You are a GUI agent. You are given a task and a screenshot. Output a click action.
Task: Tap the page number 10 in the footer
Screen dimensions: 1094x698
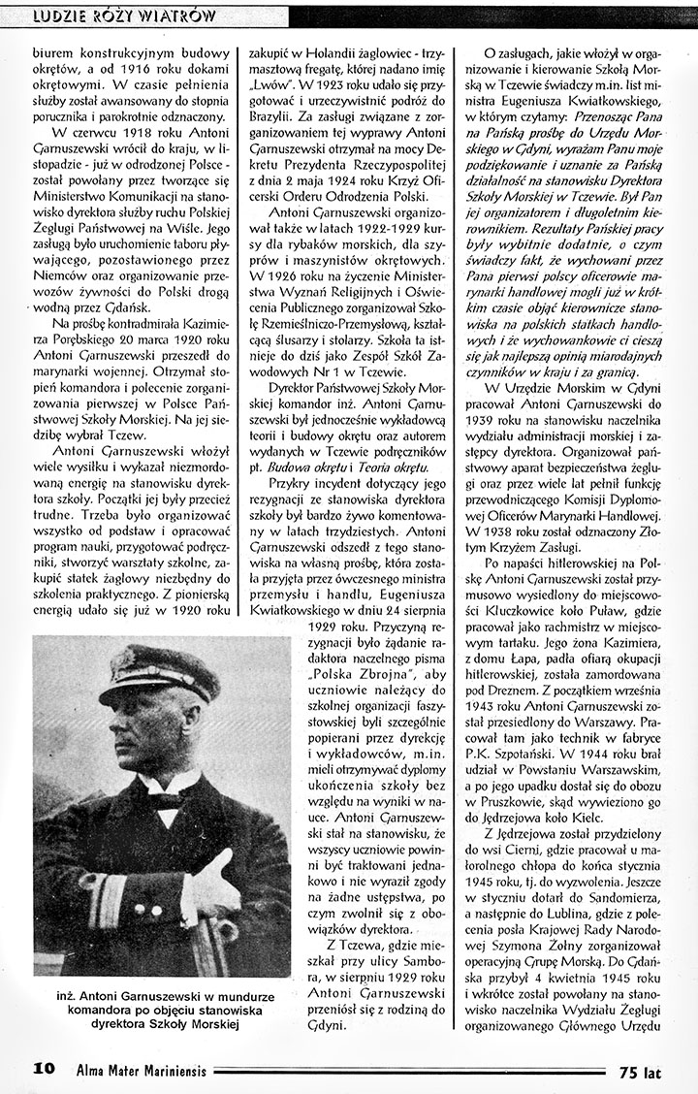44,1070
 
